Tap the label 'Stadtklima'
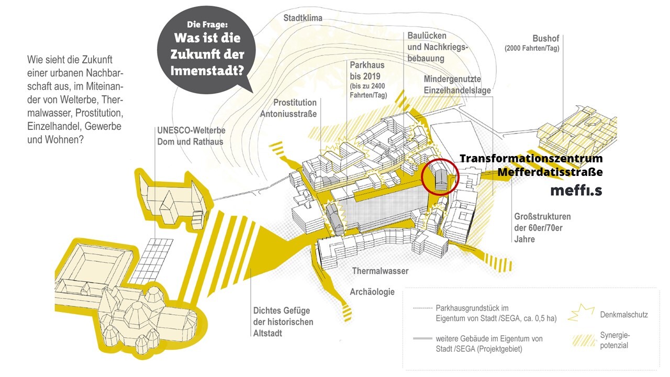[303, 18]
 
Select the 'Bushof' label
[546, 38]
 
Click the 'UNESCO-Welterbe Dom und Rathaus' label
[190, 136]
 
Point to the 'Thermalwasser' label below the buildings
[380, 271]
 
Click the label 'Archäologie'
[372, 292]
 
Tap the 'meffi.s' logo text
[576, 191]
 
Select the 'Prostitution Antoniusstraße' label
[295, 108]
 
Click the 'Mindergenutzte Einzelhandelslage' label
[457, 85]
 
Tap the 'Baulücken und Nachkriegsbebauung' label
[438, 47]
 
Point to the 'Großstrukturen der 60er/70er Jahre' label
[542, 228]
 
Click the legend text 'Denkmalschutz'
[623, 315]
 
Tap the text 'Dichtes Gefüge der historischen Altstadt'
[283, 321]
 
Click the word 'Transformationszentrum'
[531, 159]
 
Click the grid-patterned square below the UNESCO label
[153, 260]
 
